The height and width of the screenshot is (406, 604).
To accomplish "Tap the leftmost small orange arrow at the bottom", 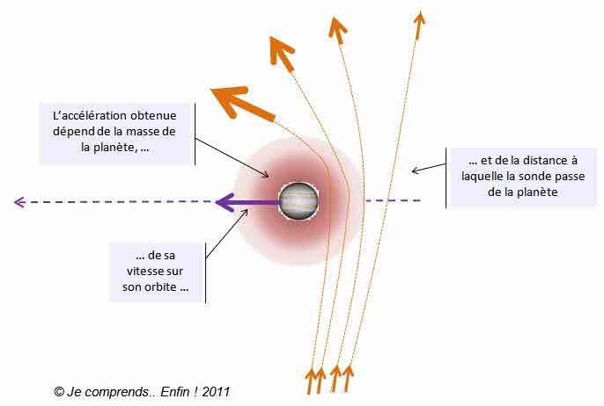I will point(310,381).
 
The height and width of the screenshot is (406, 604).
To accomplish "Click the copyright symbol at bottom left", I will point(58,391).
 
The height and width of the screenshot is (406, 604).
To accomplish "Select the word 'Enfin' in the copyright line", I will point(174,391).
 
